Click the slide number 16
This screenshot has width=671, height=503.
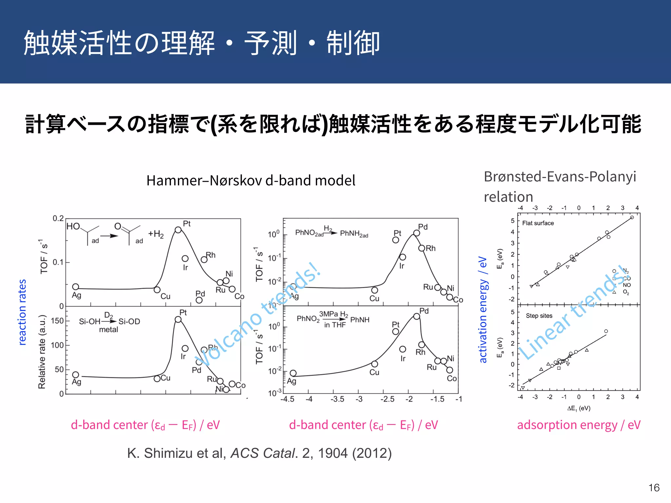pos(654,488)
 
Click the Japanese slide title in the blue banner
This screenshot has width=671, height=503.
pos(201,43)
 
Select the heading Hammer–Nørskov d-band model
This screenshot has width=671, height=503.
pos(251,180)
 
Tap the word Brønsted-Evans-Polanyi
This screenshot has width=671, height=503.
pos(560,177)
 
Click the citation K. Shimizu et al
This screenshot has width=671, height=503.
pos(259,453)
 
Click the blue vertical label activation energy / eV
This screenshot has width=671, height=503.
pos(483,309)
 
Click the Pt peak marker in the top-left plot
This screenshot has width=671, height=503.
pos(178,230)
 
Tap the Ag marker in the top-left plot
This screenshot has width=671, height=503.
pos(75,287)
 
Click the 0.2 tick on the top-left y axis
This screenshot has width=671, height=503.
pos(58,218)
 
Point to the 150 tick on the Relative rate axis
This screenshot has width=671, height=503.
pos(57,321)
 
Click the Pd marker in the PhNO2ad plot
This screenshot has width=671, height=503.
pos(416,233)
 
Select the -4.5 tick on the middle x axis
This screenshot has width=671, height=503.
pos(287,399)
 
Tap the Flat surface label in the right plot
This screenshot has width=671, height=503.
pos(538,223)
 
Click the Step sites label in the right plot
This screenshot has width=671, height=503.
pos(539,316)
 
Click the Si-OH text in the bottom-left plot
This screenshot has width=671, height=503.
pos(89,322)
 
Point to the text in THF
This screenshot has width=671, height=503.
pos(335,325)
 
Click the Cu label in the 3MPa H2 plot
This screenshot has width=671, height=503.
pos(374,372)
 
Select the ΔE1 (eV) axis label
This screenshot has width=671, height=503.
pos(579,408)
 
